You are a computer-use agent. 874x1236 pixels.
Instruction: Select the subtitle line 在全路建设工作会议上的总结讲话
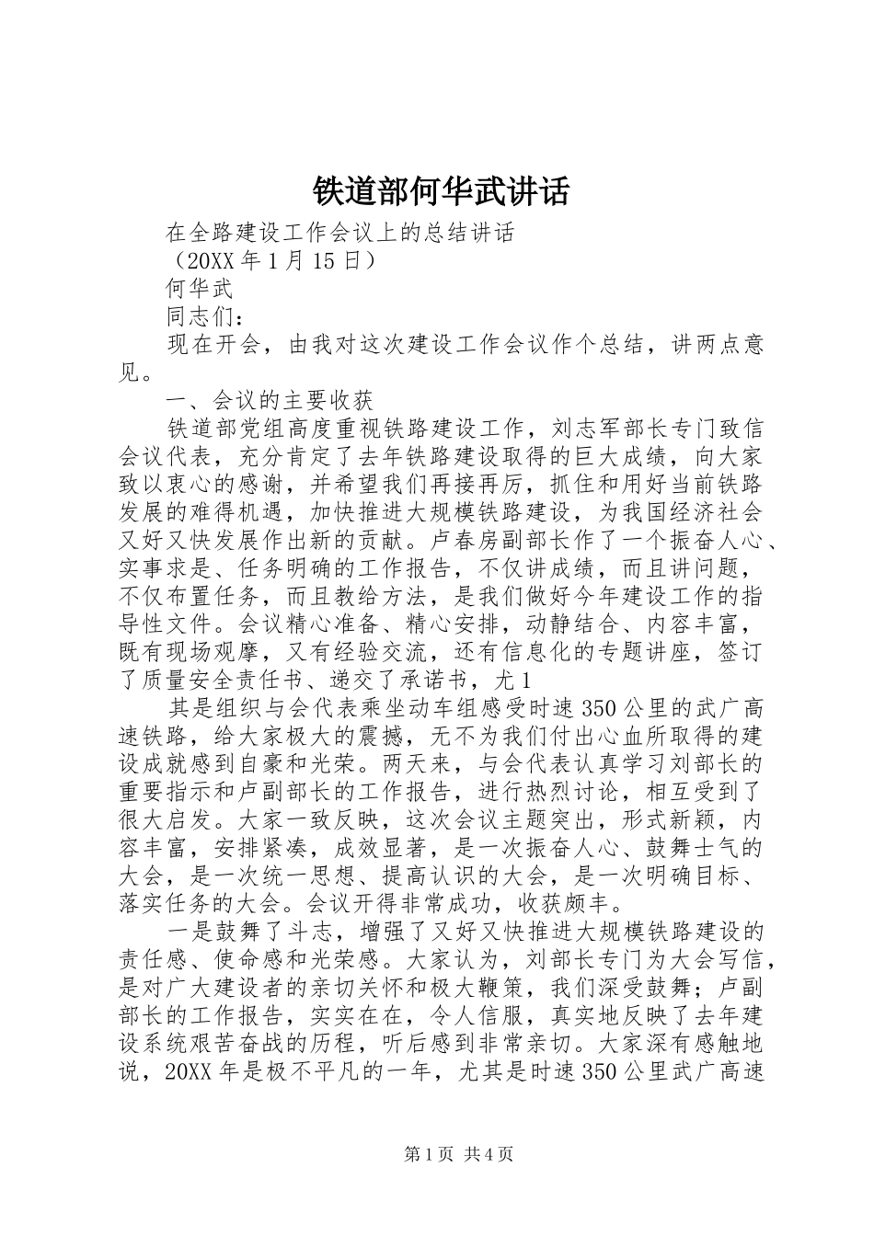point(339,234)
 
